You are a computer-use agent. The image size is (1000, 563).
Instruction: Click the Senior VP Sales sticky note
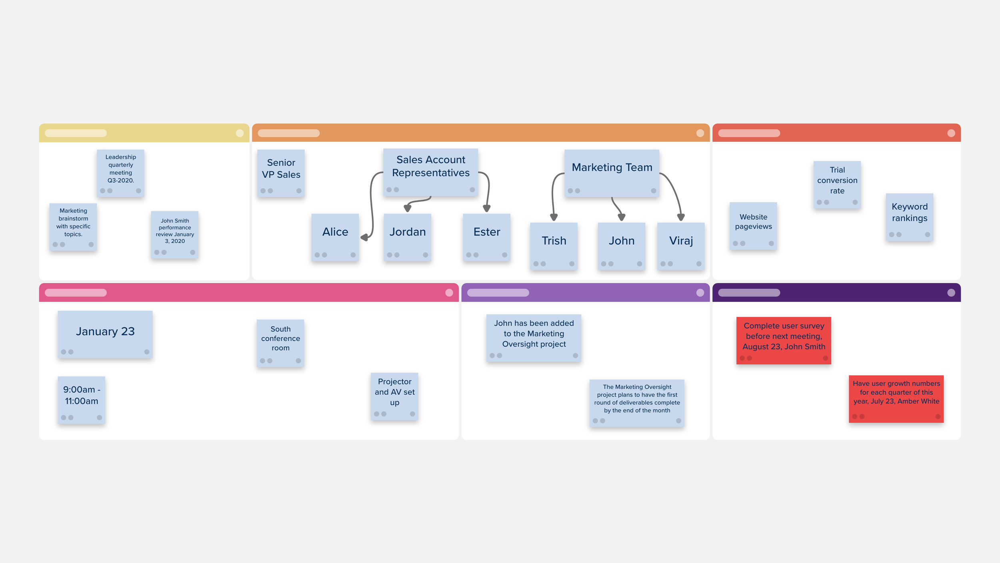click(x=281, y=173)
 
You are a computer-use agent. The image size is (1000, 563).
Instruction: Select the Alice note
click(x=335, y=237)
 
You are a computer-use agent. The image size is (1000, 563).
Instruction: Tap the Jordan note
click(x=408, y=237)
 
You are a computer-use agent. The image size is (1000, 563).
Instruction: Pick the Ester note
click(x=487, y=237)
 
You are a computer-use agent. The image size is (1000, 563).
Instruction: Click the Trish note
click(x=554, y=246)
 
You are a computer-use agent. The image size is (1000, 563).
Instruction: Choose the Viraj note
click(x=681, y=246)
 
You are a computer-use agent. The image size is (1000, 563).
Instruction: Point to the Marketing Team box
click(x=612, y=173)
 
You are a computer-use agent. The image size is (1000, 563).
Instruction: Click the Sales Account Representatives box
click(x=431, y=172)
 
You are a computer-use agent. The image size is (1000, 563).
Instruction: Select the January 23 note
click(x=105, y=334)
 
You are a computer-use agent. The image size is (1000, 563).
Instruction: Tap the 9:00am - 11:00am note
click(x=82, y=400)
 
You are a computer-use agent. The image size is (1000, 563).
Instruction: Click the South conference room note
click(x=280, y=343)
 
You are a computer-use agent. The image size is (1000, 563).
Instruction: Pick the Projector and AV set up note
click(x=394, y=396)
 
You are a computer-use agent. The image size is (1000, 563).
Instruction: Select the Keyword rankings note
click(x=910, y=217)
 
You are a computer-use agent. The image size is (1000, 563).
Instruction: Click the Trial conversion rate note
click(x=837, y=185)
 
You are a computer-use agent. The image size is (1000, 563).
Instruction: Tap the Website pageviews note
click(x=753, y=226)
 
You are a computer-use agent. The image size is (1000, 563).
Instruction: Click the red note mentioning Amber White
click(x=896, y=399)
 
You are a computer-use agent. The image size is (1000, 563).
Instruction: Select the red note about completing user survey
click(x=784, y=341)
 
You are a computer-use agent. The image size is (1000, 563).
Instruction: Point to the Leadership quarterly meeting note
click(x=120, y=173)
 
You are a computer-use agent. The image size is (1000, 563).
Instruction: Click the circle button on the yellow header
click(x=240, y=133)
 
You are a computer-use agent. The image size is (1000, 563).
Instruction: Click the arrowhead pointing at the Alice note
click(x=364, y=238)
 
